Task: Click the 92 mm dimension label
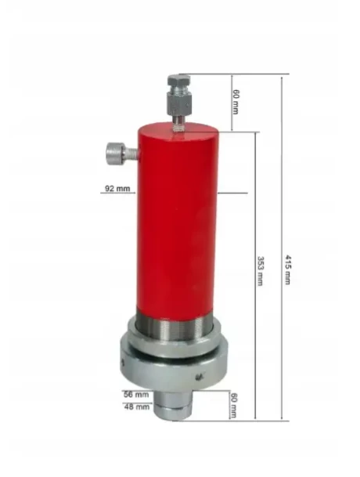click(117, 188)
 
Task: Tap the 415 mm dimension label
click(288, 269)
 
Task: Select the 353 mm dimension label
click(261, 271)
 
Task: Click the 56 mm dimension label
click(136, 395)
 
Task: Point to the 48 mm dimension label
click(137, 407)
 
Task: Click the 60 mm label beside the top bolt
click(236, 102)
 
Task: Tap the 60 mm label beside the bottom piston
click(234, 405)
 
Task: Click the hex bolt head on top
click(178, 80)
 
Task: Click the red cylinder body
click(178, 222)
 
